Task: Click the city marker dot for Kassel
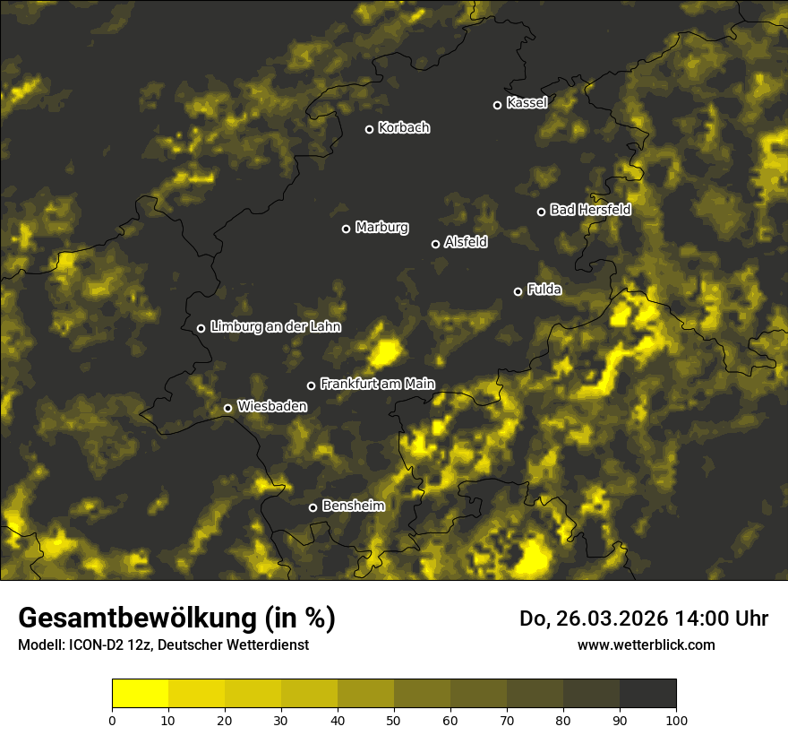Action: tap(497, 105)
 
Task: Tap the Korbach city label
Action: tap(404, 128)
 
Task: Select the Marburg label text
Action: tap(381, 228)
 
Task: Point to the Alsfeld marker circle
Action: tap(436, 244)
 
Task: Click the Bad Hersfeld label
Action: tap(590, 210)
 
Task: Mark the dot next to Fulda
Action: tap(518, 291)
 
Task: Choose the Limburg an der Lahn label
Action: tap(275, 327)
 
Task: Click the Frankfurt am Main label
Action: tap(377, 384)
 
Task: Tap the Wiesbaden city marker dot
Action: tap(227, 409)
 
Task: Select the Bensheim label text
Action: tap(353, 506)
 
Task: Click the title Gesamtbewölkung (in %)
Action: tap(176, 619)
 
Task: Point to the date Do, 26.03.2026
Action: tap(594, 619)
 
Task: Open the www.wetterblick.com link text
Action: tap(646, 645)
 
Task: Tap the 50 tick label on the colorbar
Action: tap(394, 720)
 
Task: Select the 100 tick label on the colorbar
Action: tap(676, 720)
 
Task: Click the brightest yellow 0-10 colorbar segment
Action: tap(140, 694)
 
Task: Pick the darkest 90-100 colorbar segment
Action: tap(647, 694)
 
